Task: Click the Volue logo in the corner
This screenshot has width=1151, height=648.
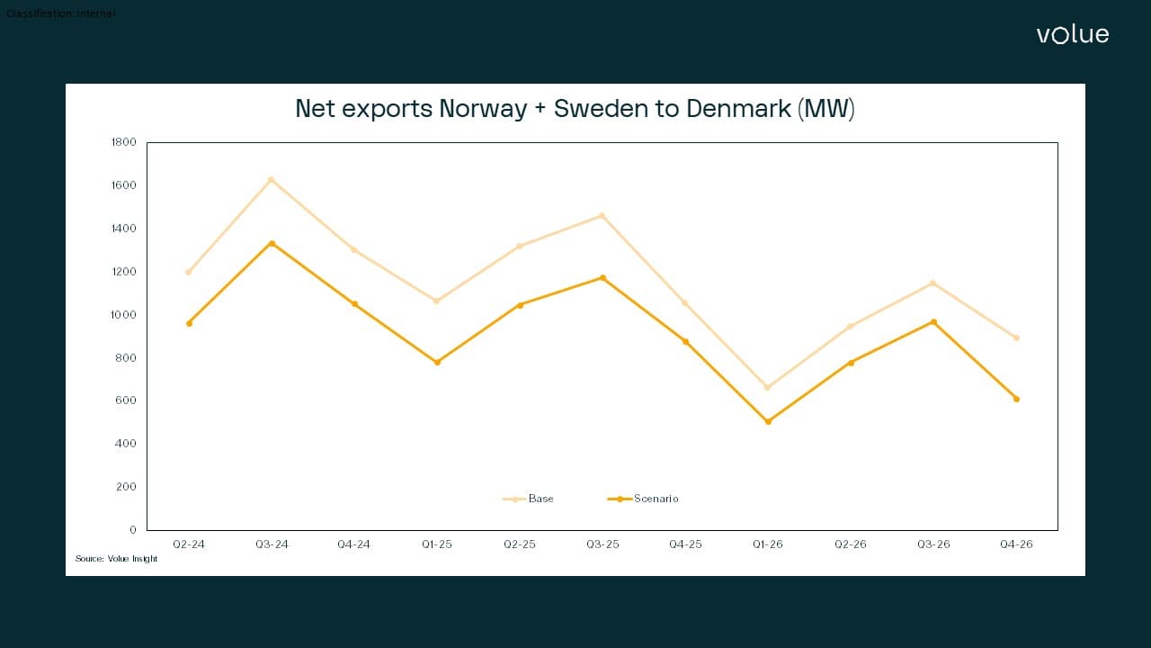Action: (x=1072, y=34)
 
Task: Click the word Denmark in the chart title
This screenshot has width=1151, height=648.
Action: (x=738, y=109)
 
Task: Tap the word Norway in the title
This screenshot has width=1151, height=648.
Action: (x=483, y=109)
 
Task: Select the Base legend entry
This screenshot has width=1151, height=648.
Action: (x=540, y=499)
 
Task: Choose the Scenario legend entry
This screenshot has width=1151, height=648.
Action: (x=656, y=499)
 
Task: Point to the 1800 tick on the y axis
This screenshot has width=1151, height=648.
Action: (x=124, y=142)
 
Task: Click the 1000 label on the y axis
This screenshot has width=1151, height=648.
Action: (x=124, y=315)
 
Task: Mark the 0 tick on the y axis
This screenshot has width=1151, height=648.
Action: (x=132, y=530)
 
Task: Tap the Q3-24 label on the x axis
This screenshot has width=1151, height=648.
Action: (x=272, y=544)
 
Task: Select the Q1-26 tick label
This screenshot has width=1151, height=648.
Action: (x=768, y=544)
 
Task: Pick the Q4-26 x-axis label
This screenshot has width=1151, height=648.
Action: (x=1016, y=544)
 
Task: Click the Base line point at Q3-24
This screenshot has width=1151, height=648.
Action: (x=272, y=180)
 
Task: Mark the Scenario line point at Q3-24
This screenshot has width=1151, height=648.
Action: (x=272, y=244)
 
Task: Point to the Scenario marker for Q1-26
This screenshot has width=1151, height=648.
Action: (x=768, y=421)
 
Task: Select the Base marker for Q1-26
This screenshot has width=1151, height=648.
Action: (x=768, y=388)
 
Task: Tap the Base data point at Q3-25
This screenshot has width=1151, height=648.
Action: (x=602, y=216)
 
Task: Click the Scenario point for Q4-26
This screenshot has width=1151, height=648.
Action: (x=1016, y=399)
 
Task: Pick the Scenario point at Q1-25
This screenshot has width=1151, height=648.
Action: (x=437, y=362)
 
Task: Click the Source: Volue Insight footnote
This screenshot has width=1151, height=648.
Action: (x=116, y=559)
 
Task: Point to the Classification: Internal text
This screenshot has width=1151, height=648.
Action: (x=61, y=13)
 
